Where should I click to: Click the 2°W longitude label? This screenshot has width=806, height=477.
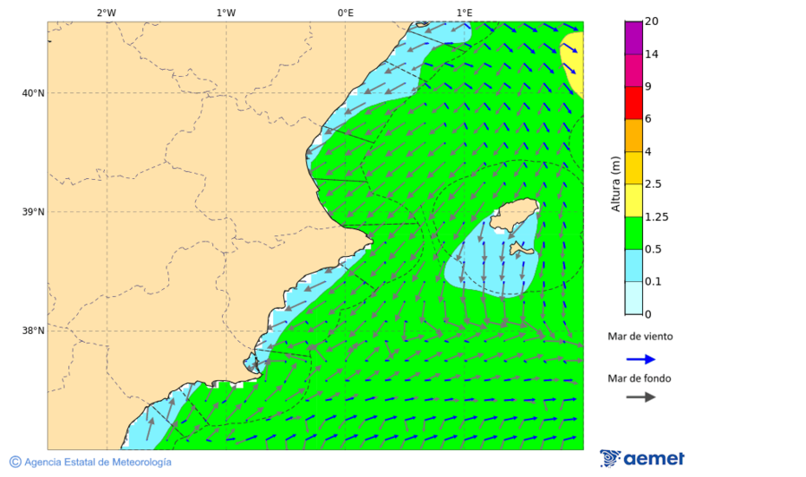click(x=106, y=13)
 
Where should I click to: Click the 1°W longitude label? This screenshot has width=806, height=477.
click(x=226, y=13)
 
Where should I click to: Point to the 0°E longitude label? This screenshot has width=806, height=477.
click(x=345, y=13)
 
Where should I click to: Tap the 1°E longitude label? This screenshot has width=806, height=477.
click(x=464, y=13)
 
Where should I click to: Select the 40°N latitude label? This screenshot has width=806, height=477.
click(x=33, y=93)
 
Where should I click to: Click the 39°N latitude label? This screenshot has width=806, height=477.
click(x=33, y=212)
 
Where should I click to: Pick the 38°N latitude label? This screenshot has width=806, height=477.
click(x=33, y=331)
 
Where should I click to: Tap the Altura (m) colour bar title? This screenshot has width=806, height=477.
click(x=615, y=183)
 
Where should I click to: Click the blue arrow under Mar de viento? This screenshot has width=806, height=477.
click(x=641, y=359)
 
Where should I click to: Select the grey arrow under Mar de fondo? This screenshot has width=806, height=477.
click(x=641, y=397)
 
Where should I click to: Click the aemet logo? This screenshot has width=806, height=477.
click(x=642, y=458)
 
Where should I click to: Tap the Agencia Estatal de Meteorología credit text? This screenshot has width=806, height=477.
click(x=97, y=462)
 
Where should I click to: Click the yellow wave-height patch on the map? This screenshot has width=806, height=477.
click(x=574, y=64)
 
